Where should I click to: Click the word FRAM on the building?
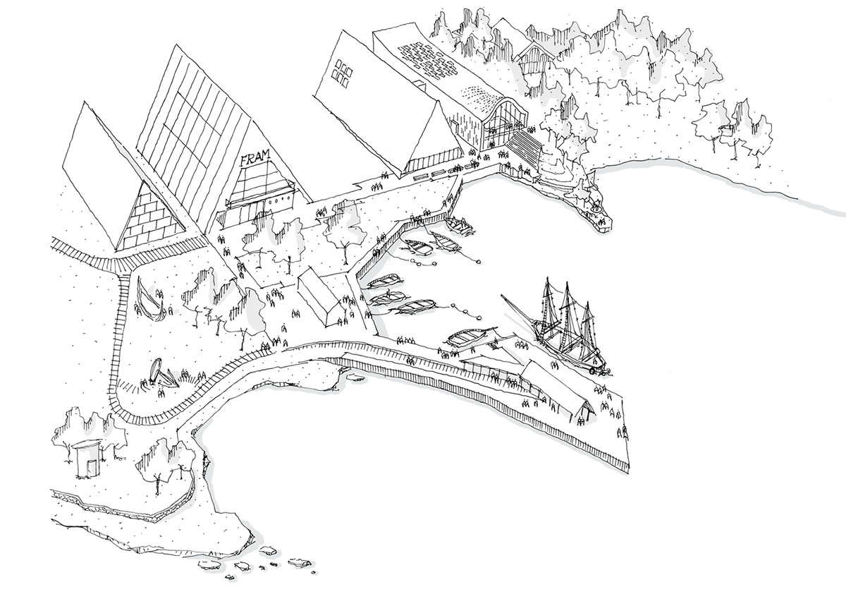(x=256, y=157)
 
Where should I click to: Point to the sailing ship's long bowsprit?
(x=517, y=310)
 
